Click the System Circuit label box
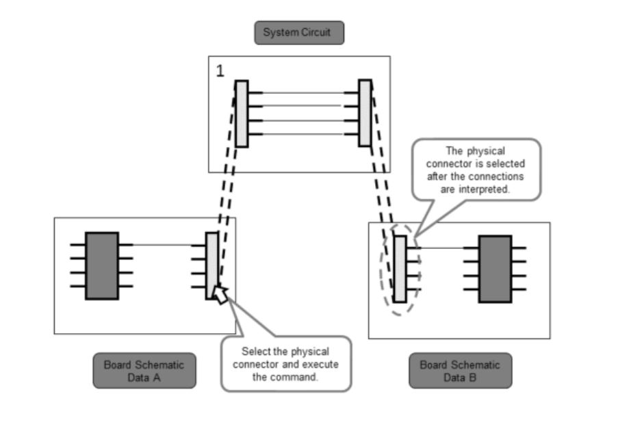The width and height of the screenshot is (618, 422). tap(299, 33)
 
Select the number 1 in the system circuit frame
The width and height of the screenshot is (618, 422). tap(220, 70)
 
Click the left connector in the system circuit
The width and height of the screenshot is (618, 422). tap(241, 114)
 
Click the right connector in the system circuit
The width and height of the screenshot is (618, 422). tap(365, 114)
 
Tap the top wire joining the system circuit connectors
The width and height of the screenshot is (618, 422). tap(303, 93)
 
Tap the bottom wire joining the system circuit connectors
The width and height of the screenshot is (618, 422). tap(303, 134)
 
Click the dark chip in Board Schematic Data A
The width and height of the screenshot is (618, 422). tap(101, 266)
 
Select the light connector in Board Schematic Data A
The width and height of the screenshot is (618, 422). tap(212, 265)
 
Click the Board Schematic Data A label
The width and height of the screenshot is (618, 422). tap(144, 371)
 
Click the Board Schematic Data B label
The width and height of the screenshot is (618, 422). tap(460, 371)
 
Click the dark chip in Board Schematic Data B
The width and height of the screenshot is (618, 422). tap(494, 269)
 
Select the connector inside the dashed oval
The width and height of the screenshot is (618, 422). tap(400, 269)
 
